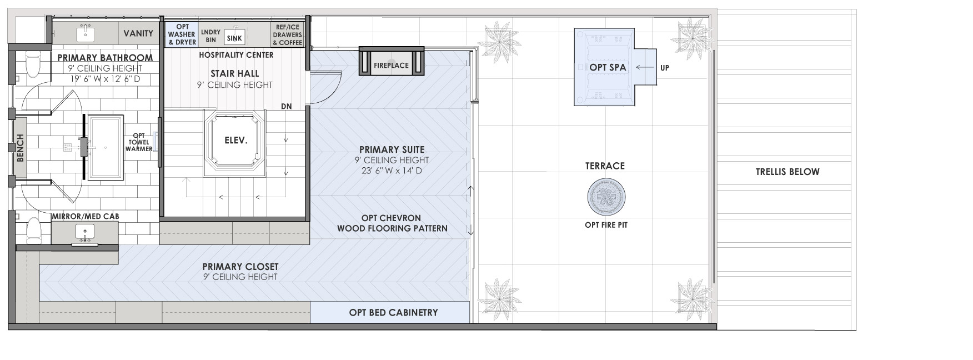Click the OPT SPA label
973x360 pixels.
[x=608, y=67]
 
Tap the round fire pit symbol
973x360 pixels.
[x=606, y=197]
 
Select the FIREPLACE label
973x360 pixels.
[x=391, y=65]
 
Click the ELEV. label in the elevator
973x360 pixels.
[x=235, y=141]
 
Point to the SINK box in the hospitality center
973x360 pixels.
[x=234, y=38]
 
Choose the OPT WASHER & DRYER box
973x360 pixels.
[x=182, y=34]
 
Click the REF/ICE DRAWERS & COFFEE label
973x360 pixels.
[x=288, y=34]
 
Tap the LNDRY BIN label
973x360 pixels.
[x=210, y=36]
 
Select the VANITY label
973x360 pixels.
[x=138, y=33]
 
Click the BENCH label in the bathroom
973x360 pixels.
[x=21, y=148]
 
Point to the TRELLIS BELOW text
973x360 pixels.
[x=788, y=172]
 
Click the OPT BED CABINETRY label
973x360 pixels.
[x=393, y=312]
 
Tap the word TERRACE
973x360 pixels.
[x=605, y=166]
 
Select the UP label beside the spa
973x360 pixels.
[x=665, y=68]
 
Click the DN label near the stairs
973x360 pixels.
[x=286, y=106]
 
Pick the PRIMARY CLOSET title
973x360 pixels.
[x=240, y=267]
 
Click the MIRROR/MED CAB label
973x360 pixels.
[x=85, y=216]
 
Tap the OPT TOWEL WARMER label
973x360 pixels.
[x=139, y=142]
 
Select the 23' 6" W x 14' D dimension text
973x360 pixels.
[x=392, y=171]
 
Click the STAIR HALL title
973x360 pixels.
[x=235, y=73]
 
